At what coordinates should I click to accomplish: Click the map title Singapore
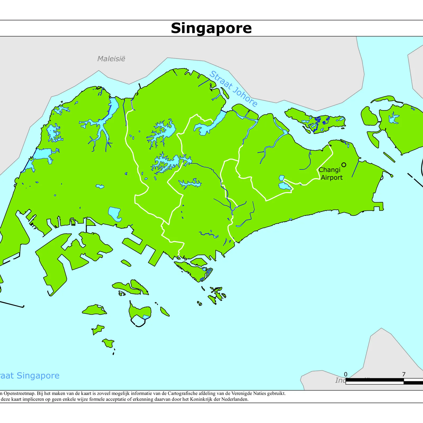point(211,28)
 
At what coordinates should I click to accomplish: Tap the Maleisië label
point(111,59)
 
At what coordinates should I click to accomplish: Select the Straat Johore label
point(233,89)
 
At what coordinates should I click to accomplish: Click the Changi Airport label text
point(330,174)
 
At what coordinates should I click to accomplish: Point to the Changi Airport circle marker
point(344,165)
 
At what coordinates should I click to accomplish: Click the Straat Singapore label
point(29,376)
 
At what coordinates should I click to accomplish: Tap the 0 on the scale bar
point(346,374)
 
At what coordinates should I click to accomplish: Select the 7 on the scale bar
point(404,374)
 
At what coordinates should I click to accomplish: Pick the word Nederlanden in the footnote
point(235,399)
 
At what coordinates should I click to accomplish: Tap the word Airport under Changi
point(332,177)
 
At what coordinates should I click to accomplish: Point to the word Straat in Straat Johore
point(221,80)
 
